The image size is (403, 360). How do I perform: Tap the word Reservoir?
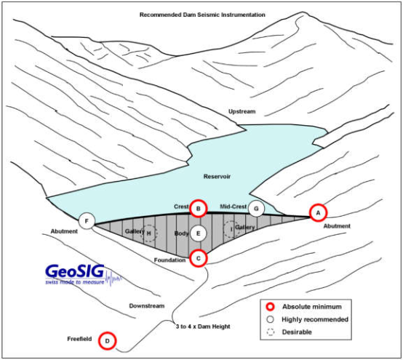pyautogui.click(x=217, y=177)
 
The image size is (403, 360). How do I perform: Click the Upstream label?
pyautogui.click(x=242, y=111)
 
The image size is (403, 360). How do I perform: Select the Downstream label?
pyautogui.click(x=147, y=305)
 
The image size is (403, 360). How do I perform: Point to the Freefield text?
pyautogui.click(x=79, y=339)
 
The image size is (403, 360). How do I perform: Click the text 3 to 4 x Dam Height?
pyautogui.click(x=203, y=327)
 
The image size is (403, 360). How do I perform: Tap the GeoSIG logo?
pyautogui.click(x=83, y=274)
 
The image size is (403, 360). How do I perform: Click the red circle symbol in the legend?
pyautogui.click(x=271, y=307)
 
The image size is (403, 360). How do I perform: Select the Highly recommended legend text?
pyautogui.click(x=315, y=319)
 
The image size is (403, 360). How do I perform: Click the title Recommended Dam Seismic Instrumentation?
pyautogui.click(x=202, y=15)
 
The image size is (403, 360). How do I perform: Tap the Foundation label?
pyautogui.click(x=169, y=260)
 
